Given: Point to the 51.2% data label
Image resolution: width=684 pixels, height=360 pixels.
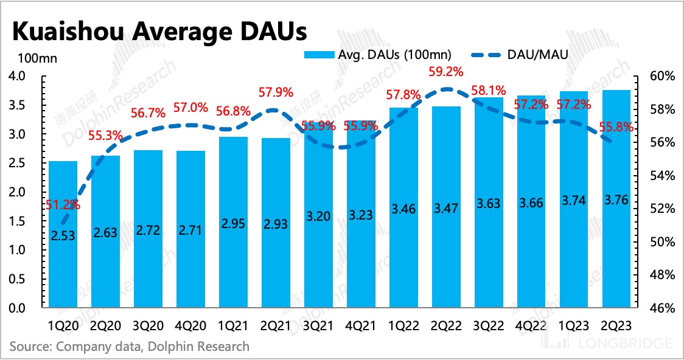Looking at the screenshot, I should coord(63,204).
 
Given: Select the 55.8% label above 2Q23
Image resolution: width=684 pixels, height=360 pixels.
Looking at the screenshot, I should coord(616,128).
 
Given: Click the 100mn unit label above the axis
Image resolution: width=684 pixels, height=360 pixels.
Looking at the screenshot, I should coord(36,58).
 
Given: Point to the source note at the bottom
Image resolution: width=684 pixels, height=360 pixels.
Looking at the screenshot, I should coord(129,347).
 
